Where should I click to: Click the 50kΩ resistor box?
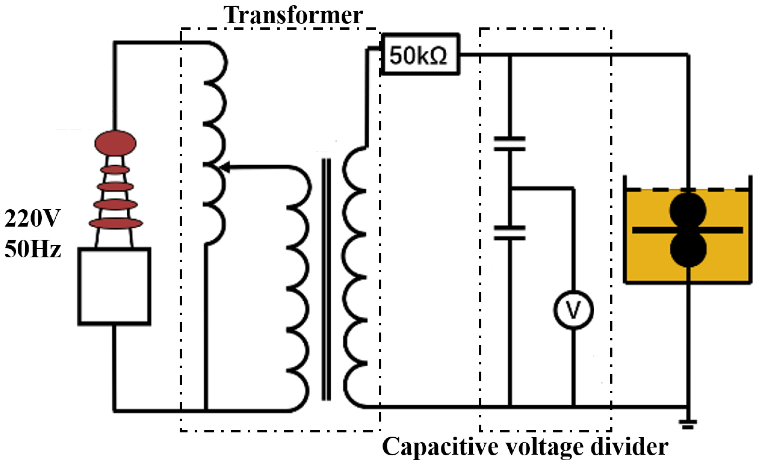(x=420, y=55)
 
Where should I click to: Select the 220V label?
(x=32, y=219)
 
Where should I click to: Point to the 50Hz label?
(x=32, y=249)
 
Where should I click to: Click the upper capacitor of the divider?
(x=509, y=144)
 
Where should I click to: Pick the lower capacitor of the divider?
(x=509, y=233)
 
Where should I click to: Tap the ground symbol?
(x=687, y=424)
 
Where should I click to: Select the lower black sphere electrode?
(x=687, y=249)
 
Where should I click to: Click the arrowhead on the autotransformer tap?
(x=226, y=168)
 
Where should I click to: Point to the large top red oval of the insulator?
(x=115, y=143)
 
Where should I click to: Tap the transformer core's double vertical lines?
(x=326, y=280)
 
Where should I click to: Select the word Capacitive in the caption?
(x=439, y=447)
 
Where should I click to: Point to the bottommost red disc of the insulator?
(x=116, y=223)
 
